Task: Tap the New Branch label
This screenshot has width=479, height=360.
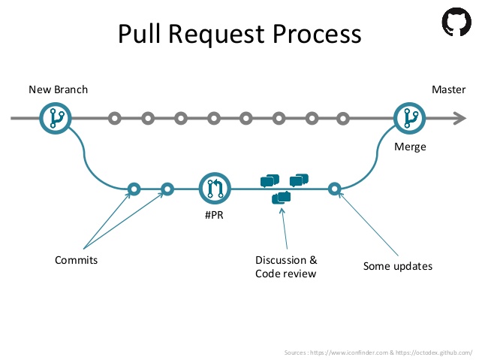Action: coord(58,89)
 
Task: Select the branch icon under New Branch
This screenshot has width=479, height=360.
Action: coord(55,118)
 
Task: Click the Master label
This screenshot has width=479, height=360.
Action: coord(448,89)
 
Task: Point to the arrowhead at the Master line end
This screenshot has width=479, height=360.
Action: coord(459,118)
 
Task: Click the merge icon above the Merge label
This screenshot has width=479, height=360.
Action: coord(410,118)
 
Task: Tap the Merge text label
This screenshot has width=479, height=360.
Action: coord(410,147)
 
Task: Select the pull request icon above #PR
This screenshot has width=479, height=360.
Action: coord(215,189)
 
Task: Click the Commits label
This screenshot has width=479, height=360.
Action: coord(76,260)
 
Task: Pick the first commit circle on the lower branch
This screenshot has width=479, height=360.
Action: coord(134,189)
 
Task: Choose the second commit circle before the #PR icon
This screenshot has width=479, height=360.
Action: coord(167,189)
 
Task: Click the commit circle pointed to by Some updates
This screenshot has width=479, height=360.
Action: coord(335,189)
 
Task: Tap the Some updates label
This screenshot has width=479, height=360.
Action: coord(397,266)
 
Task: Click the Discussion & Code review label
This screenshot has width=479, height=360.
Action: coord(286,267)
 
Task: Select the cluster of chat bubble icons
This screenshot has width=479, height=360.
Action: coord(284,187)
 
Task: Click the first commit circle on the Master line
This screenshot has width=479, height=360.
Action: coord(114,118)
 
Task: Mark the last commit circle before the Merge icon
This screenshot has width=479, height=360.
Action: coord(343,118)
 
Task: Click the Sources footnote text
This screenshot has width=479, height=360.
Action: coord(378,352)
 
